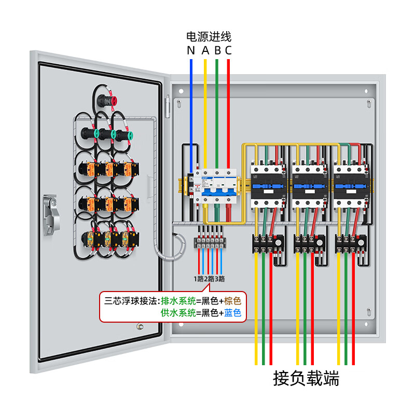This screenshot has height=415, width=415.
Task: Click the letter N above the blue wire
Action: coord(191,50)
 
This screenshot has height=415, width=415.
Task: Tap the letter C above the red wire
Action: coord(228,50)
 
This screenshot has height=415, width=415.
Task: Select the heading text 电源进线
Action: coord(209,37)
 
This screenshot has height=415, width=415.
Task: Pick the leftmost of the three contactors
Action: coord(268,185)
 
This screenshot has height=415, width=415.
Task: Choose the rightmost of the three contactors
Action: coord(351,185)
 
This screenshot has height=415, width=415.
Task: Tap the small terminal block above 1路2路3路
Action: coord(210,243)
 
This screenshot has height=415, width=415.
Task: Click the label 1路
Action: coord(199,279)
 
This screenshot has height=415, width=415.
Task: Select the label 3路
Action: coord(220,279)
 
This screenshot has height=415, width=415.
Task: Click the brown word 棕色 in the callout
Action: coord(233,300)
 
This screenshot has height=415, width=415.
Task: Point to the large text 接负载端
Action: coord(306,379)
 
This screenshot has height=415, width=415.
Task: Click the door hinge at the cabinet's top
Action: coord(168,106)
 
